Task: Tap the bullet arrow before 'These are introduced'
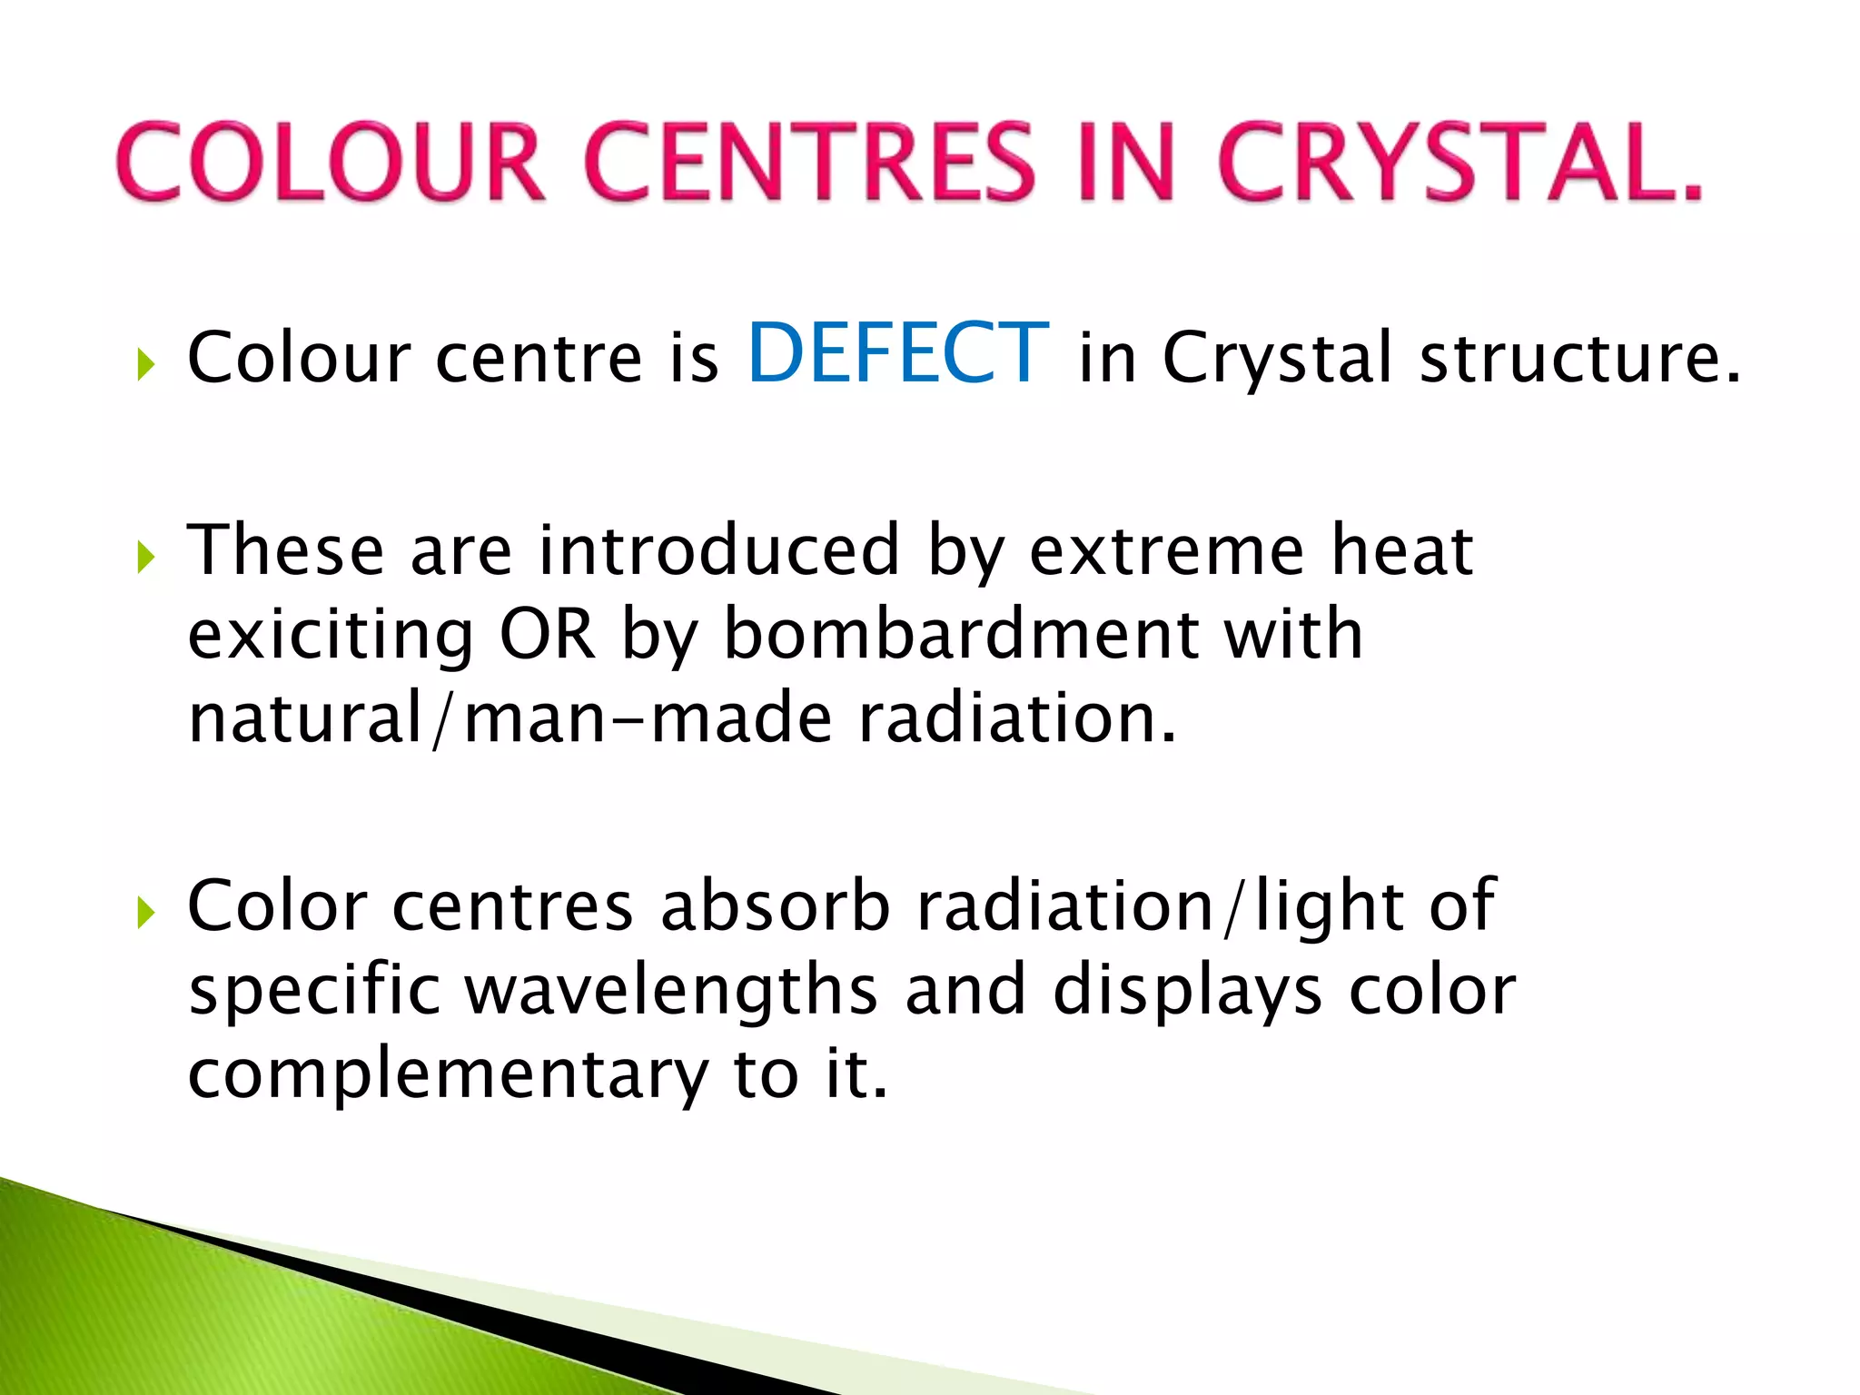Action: (x=145, y=558)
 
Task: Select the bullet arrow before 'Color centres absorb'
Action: (x=145, y=913)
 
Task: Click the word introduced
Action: (x=718, y=550)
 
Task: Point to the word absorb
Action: (x=776, y=905)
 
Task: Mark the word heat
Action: (x=1401, y=550)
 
